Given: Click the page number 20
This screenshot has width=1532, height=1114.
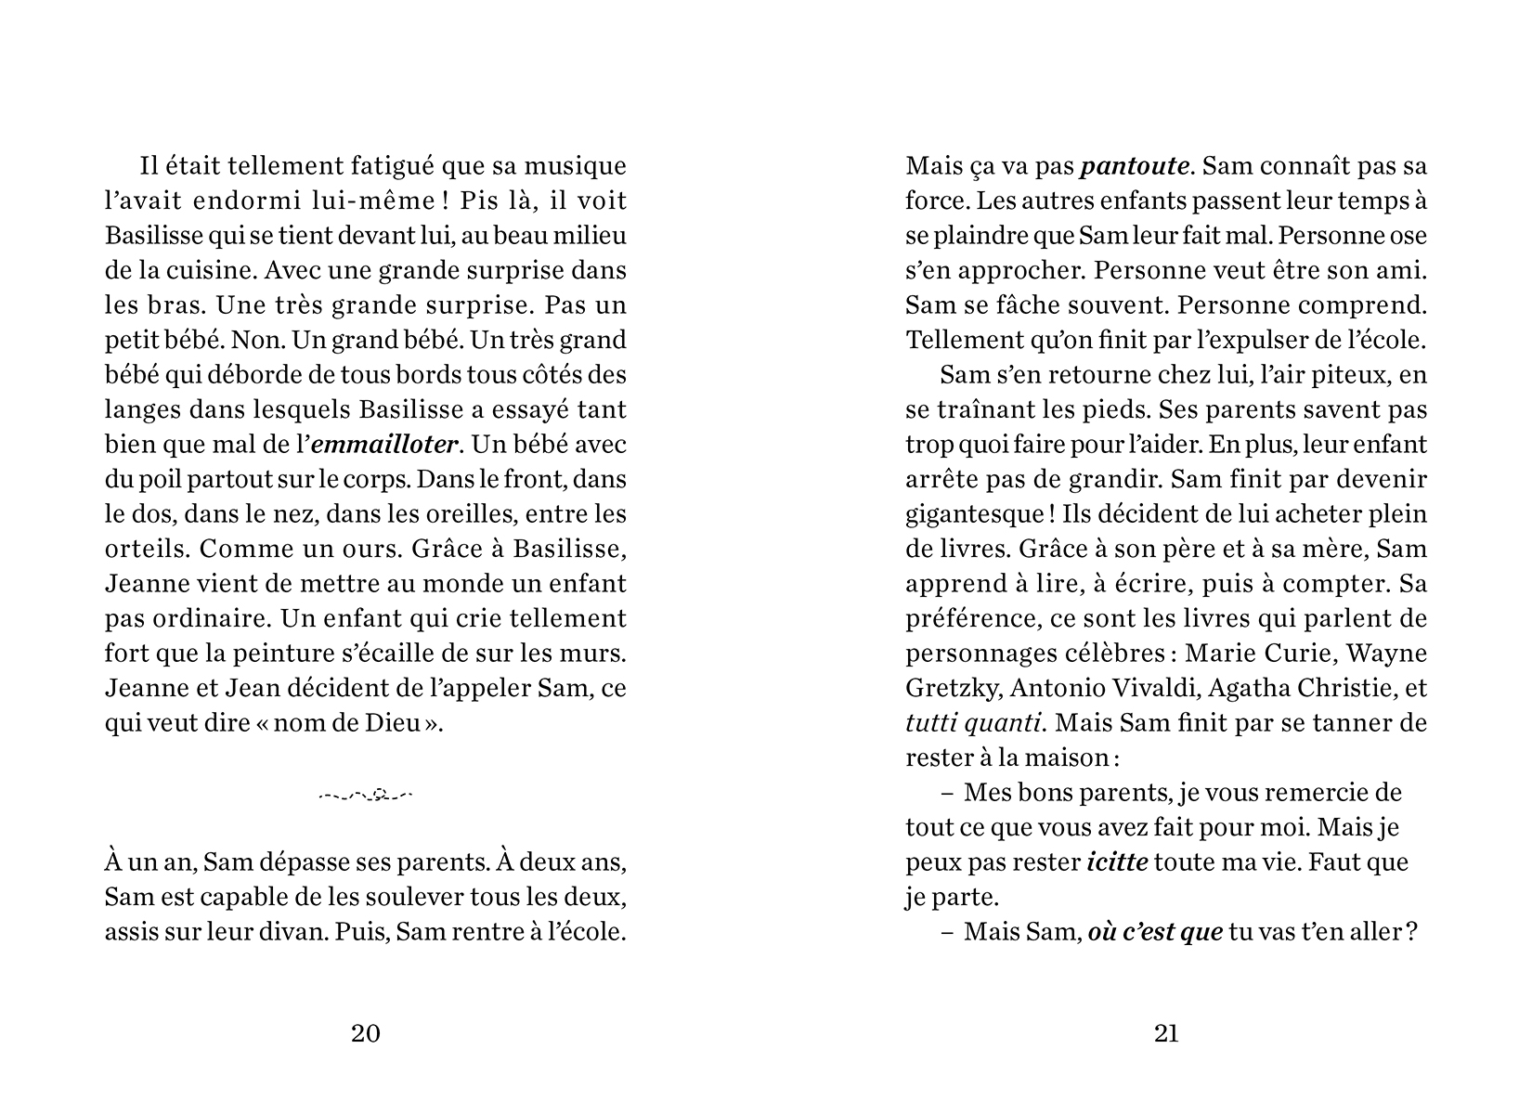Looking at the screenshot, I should pyautogui.click(x=366, y=1033).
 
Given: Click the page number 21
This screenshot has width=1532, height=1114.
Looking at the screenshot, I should pyautogui.click(x=1166, y=1033).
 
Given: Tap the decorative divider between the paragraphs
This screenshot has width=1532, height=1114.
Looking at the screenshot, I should pyautogui.click(x=366, y=796).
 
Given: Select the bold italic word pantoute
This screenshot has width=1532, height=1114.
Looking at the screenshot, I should pyautogui.click(x=1135, y=167).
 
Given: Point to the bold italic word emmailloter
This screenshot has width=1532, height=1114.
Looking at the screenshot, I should pyautogui.click(x=384, y=445).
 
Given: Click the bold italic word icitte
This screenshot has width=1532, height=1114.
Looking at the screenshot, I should pyautogui.click(x=1117, y=862).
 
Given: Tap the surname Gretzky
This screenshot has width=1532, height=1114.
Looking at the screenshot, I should pyautogui.click(x=953, y=689).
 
